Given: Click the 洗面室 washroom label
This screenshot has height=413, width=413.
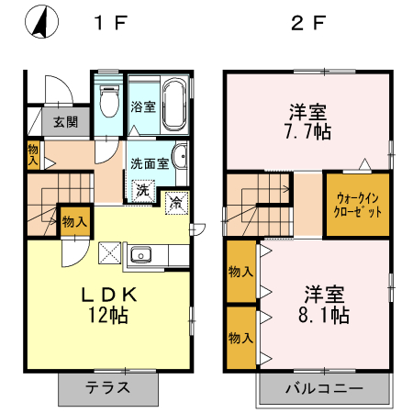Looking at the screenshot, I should (x=149, y=164).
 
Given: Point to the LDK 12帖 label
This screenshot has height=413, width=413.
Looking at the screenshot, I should (x=109, y=305).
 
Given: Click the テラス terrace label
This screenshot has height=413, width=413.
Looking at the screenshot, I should (x=109, y=386).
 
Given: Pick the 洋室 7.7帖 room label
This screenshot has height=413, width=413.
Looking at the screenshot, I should (x=308, y=121).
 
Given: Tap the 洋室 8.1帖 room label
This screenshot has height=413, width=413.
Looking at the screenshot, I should (x=325, y=305).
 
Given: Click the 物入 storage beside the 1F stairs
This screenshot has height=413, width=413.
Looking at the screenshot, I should (x=74, y=220).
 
